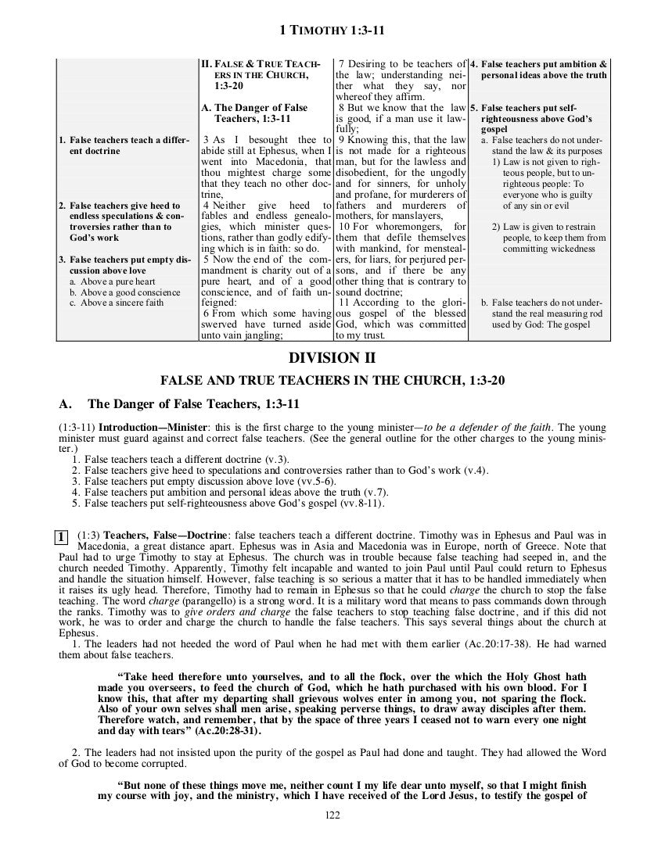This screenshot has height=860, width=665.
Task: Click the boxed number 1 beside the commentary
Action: (x=59, y=536)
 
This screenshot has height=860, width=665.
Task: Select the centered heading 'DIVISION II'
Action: (x=332, y=358)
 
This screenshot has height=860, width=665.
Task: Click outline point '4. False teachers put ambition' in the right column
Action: (x=540, y=69)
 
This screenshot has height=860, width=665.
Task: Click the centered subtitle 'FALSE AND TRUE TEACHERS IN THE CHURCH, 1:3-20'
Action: (x=332, y=382)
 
